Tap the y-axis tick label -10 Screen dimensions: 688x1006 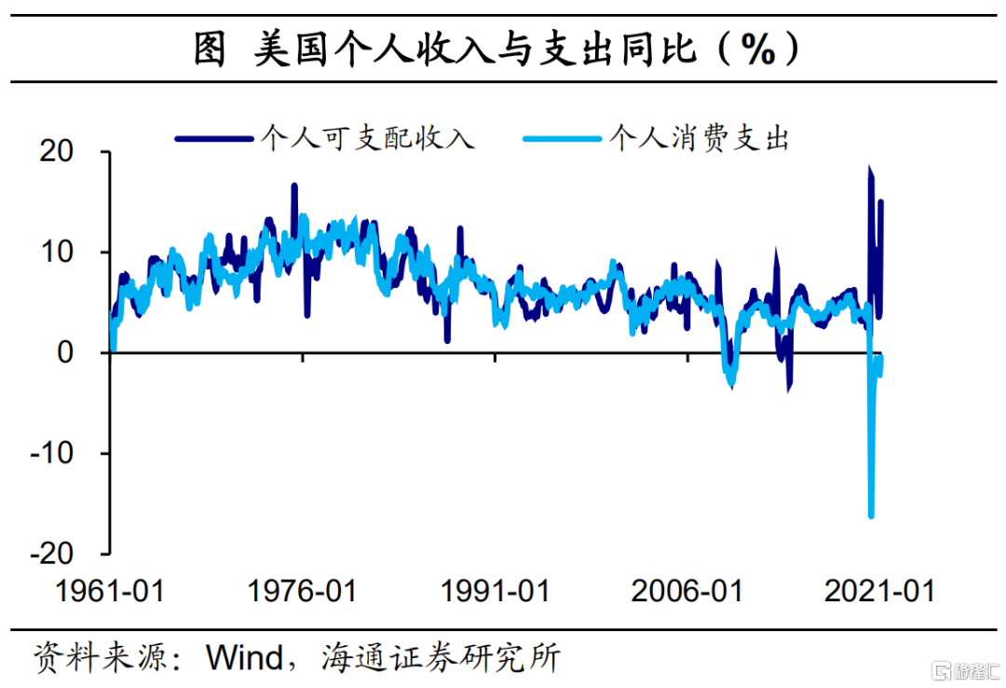pos(63,453)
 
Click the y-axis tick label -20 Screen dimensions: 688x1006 pos(63,554)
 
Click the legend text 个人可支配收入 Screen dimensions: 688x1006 pos(368,139)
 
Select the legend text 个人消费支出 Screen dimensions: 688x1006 pos(699,139)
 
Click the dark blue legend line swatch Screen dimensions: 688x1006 pos(213,139)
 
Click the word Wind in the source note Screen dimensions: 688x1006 pos(244,658)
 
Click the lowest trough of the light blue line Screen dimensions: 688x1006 pos(871,516)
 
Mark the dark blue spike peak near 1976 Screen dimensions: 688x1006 pos(294,186)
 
